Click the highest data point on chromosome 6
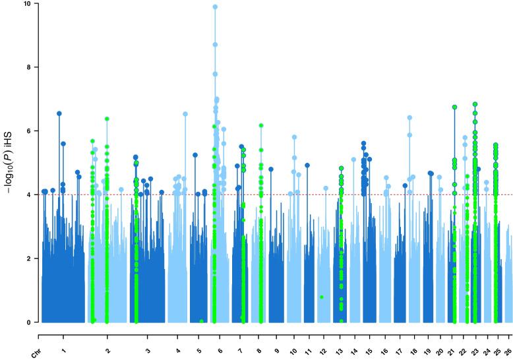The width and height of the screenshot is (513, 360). (x=215, y=7)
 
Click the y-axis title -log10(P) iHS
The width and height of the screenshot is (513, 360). (x=11, y=164)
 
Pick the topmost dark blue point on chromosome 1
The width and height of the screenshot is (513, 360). (x=59, y=113)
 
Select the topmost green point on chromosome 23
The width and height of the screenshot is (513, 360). (x=475, y=104)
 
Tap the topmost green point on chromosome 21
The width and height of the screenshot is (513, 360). (x=454, y=107)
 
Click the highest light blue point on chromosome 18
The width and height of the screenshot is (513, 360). (x=409, y=117)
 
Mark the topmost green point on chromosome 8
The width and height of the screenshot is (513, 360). (x=261, y=125)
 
